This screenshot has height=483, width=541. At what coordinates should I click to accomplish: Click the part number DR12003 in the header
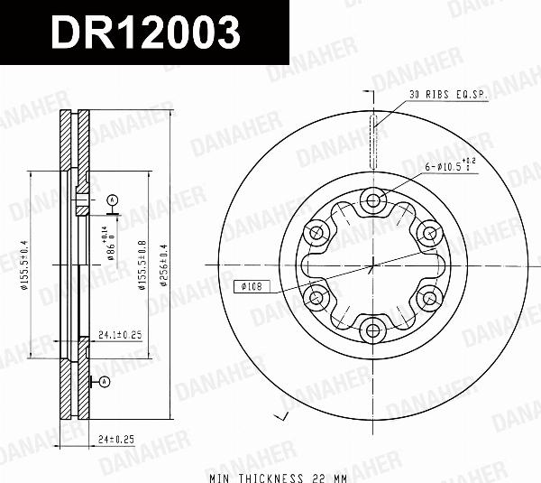pyautogui.click(x=144, y=33)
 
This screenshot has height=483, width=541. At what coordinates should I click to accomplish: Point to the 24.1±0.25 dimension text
pyautogui.click(x=121, y=335)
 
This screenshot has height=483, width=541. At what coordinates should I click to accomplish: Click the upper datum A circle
pyautogui.click(x=112, y=199)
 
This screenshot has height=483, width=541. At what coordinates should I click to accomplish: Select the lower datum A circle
pyautogui.click(x=105, y=382)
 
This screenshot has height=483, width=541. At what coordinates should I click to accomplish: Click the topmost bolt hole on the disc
pyautogui.click(x=373, y=200)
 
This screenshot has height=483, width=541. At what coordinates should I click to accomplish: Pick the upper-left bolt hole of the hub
pyautogui.click(x=317, y=233)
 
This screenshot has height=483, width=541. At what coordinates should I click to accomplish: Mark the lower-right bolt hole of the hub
pyautogui.click(x=429, y=297)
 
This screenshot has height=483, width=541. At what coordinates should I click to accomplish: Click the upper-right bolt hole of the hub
pyautogui.click(x=429, y=233)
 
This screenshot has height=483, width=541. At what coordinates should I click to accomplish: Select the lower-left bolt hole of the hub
pyautogui.click(x=317, y=297)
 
